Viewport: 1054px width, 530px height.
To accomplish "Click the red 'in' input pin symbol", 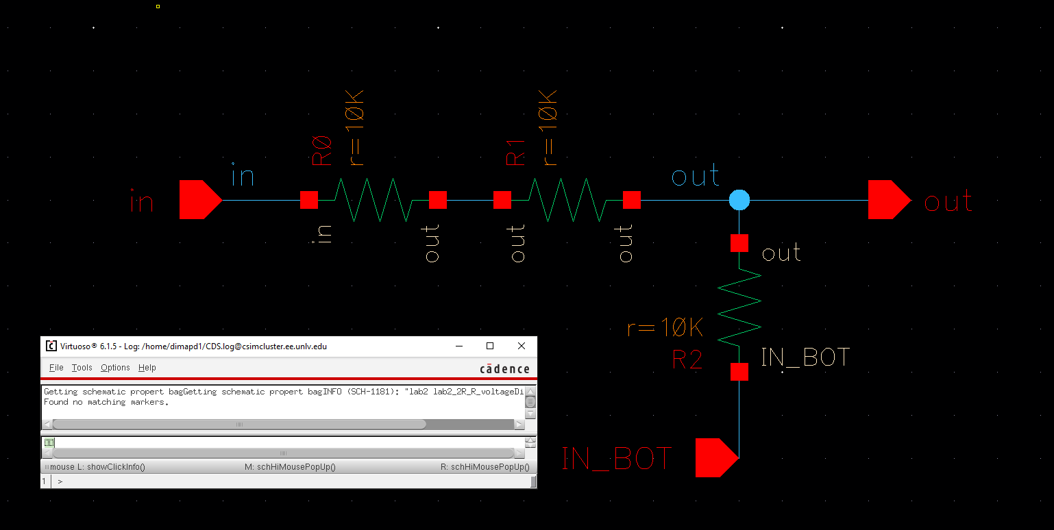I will pyautogui.click(x=199, y=200).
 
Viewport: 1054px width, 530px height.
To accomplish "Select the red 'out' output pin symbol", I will pyautogui.click(x=888, y=200).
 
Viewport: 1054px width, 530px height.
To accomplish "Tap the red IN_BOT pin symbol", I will pyautogui.click(x=715, y=457).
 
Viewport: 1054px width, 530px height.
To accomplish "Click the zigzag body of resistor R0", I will pyautogui.click(x=373, y=200).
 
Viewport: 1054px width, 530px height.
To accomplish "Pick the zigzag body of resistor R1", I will pyautogui.click(x=567, y=200).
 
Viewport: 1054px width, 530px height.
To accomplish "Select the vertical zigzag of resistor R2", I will pyautogui.click(x=739, y=307).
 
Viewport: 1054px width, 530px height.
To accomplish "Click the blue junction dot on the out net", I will pyautogui.click(x=739, y=200).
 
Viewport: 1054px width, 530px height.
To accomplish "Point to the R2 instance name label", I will pyautogui.click(x=687, y=359).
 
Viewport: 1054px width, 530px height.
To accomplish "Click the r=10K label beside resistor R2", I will pyautogui.click(x=665, y=329).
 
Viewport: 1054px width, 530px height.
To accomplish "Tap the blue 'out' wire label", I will pyautogui.click(x=696, y=177).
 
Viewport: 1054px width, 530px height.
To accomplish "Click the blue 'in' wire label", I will pyautogui.click(x=243, y=176).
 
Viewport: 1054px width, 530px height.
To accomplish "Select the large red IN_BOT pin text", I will pyautogui.click(x=617, y=458).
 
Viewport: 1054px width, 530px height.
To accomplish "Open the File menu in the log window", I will pyautogui.click(x=56, y=368).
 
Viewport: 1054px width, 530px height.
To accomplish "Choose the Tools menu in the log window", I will pyautogui.click(x=82, y=368).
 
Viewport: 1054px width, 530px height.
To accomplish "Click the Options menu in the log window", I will pyautogui.click(x=115, y=368).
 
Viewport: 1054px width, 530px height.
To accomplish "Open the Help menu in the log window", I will pyautogui.click(x=147, y=368).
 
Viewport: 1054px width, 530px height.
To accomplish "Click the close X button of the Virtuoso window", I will pyautogui.click(x=522, y=346).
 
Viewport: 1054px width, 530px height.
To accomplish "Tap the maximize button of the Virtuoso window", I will pyautogui.click(x=490, y=346).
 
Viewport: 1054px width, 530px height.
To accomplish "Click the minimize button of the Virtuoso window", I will pyautogui.click(x=458, y=346).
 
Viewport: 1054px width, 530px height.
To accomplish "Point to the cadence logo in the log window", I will pyautogui.click(x=504, y=369).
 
